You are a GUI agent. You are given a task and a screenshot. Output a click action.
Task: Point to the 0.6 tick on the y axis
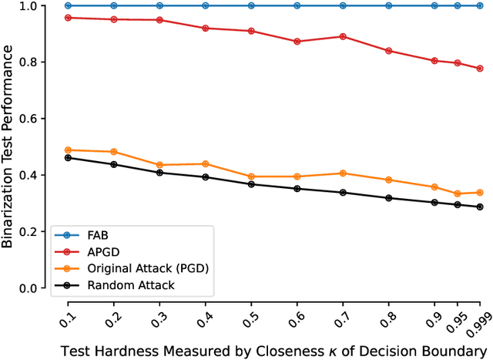click(x=29, y=119)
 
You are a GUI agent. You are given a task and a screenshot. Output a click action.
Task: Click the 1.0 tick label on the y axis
click(x=29, y=6)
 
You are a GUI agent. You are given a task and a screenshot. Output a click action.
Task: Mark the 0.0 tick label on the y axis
click(x=29, y=288)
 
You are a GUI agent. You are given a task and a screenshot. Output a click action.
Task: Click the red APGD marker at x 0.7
click(x=343, y=36)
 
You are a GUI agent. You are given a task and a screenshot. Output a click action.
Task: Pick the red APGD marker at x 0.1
click(x=69, y=18)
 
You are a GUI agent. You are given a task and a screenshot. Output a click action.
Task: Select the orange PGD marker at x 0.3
click(x=159, y=165)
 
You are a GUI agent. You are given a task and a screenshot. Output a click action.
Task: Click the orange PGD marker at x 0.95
click(x=458, y=193)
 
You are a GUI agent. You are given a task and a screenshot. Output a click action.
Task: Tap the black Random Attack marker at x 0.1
click(x=69, y=158)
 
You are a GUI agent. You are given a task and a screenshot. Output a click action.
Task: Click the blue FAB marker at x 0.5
click(x=251, y=5)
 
